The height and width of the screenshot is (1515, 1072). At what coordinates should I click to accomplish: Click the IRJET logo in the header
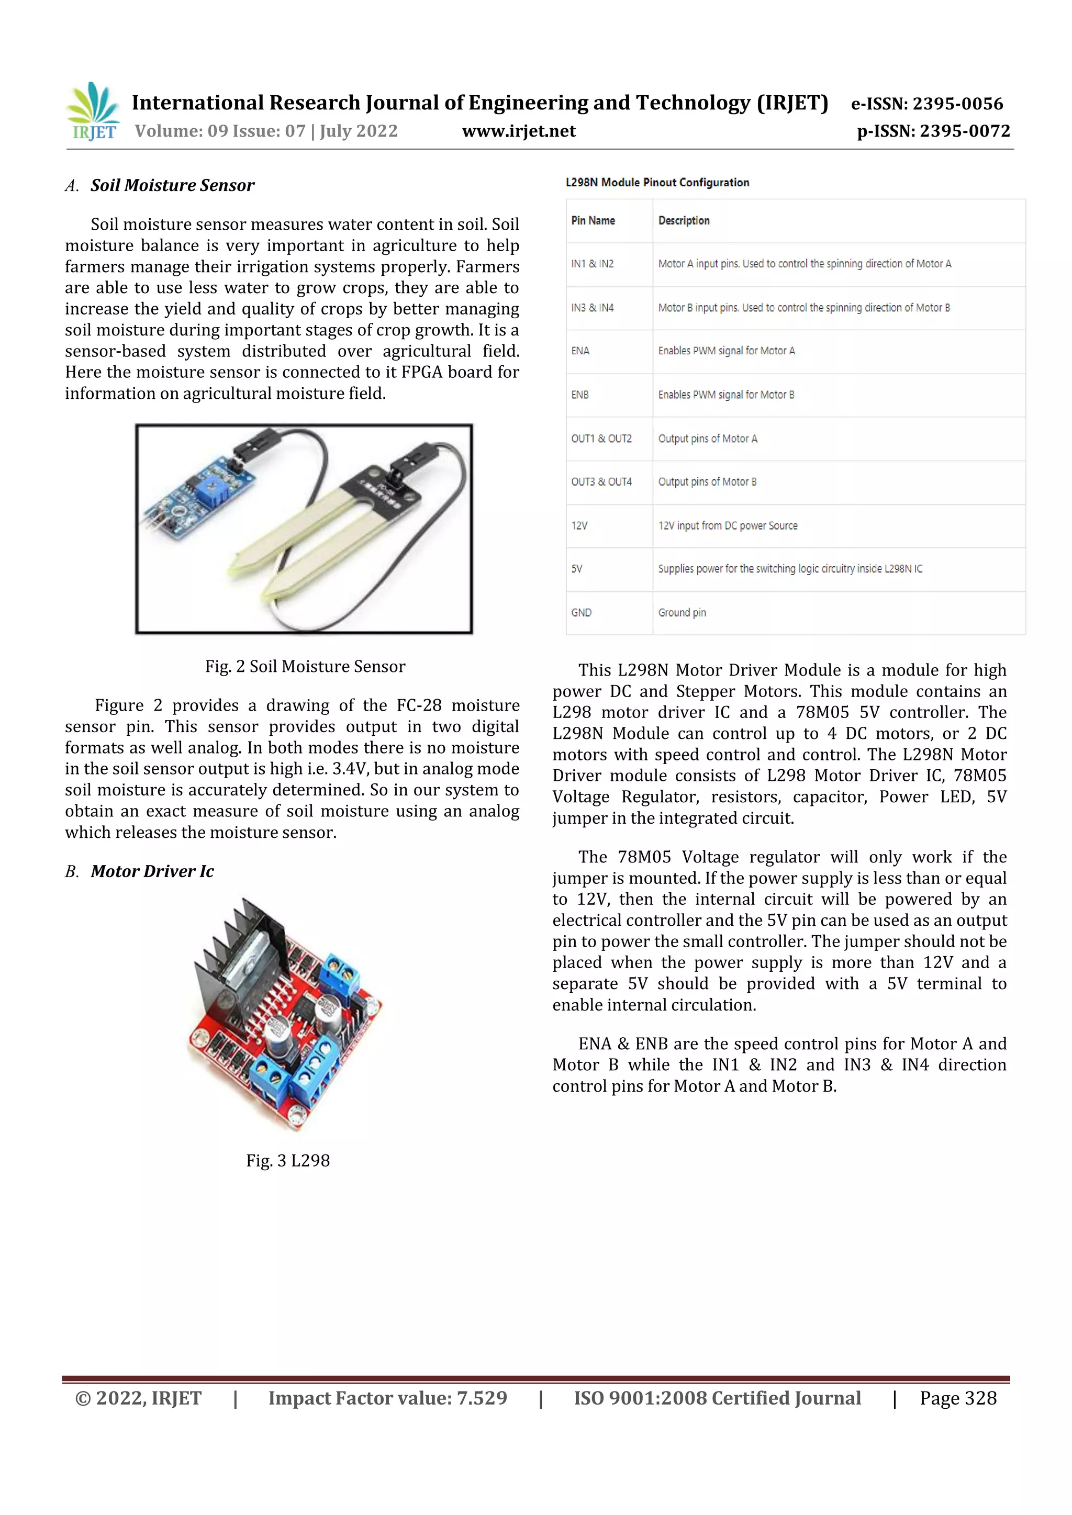click(x=93, y=111)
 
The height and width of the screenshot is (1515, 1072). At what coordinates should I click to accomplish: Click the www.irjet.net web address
click(x=519, y=131)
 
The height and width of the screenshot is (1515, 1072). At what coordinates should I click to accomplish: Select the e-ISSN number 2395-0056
click(x=927, y=104)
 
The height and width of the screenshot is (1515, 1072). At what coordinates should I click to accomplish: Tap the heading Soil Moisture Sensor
click(x=172, y=185)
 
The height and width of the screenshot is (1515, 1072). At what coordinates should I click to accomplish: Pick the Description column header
click(x=684, y=220)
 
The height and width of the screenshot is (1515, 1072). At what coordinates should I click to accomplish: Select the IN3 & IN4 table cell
click(x=592, y=308)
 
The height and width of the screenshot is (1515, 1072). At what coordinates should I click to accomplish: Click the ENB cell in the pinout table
click(x=579, y=395)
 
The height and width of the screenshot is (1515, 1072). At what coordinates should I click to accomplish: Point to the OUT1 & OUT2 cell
click(x=601, y=438)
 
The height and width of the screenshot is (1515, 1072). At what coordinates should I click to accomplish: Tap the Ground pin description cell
click(x=682, y=612)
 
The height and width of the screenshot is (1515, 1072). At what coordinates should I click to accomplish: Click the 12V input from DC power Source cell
click(x=728, y=525)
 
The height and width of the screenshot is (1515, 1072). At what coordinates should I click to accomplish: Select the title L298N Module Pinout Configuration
click(x=657, y=182)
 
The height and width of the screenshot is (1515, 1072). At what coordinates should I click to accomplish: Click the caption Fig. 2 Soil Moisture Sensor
click(x=305, y=666)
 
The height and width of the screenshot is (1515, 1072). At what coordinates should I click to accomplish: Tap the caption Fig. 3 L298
click(x=288, y=1160)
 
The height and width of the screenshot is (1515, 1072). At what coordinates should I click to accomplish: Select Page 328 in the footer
click(x=958, y=1398)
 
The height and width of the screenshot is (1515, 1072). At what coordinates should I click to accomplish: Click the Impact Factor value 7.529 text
click(x=387, y=1398)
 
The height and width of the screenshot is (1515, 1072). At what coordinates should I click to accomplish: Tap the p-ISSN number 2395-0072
click(x=933, y=131)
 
